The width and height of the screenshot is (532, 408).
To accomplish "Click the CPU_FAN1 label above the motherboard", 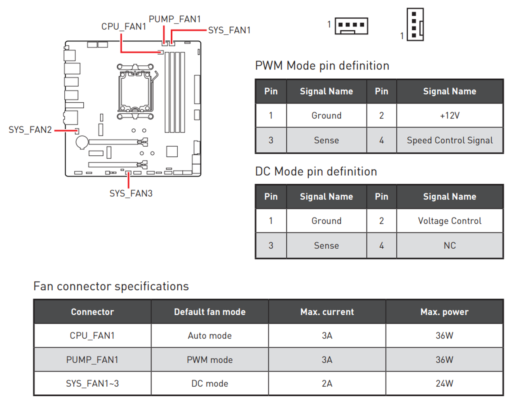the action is pos(124,27).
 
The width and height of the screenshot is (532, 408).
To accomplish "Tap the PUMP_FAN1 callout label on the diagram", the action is pos(175,19).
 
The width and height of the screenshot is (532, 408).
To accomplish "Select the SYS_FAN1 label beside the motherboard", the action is pos(229,30).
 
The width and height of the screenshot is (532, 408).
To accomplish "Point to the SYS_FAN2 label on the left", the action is pos(30,130).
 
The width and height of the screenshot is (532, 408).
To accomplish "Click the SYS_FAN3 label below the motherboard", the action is pos(131,193).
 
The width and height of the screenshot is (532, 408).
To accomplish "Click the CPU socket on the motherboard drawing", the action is pos(135,91).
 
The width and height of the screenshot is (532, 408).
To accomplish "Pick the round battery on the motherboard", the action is pos(82,142).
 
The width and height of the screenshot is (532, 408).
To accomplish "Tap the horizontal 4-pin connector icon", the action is pos(351,26).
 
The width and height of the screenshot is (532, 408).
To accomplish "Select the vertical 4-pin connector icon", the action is pos(415,24).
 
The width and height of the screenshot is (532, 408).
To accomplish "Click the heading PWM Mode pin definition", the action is pos(322,66).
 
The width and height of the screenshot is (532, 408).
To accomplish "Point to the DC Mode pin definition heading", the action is pos(316,171).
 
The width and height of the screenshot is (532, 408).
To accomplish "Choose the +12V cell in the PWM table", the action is pos(450,116).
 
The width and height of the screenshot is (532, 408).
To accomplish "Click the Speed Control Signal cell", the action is pos(450,140).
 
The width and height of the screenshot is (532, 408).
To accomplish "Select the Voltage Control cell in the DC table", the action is pos(450,221).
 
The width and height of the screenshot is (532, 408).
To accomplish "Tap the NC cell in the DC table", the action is pos(450,245).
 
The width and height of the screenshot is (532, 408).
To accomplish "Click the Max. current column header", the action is pos(327,312).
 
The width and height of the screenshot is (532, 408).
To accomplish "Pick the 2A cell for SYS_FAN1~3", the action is pos(327,383).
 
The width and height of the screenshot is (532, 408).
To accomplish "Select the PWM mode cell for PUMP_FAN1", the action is pos(210,360).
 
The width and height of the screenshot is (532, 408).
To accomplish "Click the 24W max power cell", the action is pos(444,383).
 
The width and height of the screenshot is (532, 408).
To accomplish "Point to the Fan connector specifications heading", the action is pos(111,286).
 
